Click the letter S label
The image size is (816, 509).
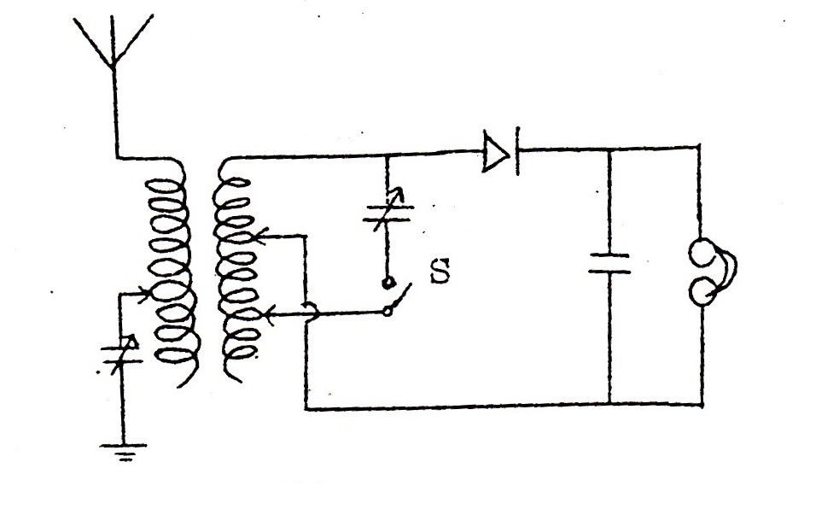coord(440,272)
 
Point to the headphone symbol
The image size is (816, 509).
coord(711,271)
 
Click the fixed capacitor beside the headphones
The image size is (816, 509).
coord(609,263)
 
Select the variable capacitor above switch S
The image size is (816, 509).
coord(388,213)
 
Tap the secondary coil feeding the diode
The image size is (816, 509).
coord(236,271)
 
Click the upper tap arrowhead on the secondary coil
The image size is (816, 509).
coord(260,237)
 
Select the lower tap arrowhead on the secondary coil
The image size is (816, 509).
coord(268,313)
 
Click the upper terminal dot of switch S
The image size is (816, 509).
coord(387,284)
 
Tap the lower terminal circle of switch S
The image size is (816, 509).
coord(388,312)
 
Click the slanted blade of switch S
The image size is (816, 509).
coord(400,296)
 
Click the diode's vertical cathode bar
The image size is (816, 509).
coord(517,151)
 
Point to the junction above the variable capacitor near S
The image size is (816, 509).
coord(387,155)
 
